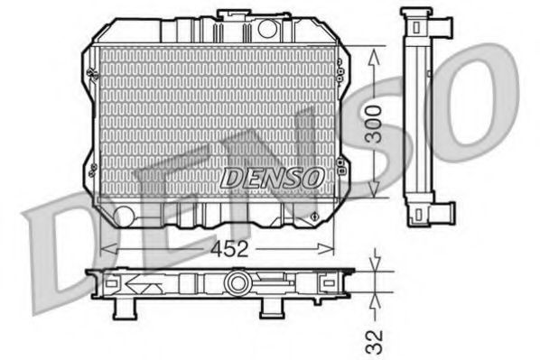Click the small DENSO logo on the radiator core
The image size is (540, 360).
pos(268,178)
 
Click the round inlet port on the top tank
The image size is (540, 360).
pos(266,28)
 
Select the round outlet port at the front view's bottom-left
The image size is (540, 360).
pos(124,215)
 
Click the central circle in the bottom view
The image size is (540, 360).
pos(237,284)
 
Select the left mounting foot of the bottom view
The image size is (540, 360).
pos(125,309)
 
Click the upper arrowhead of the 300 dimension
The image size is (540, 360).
pos(376,51)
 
